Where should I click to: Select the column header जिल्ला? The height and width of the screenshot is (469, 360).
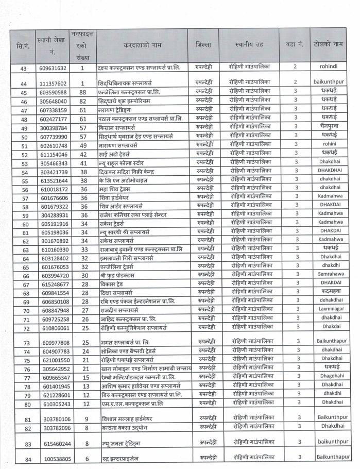(x=203, y=45)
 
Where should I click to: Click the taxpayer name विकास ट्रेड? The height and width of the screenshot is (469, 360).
(x=113, y=284)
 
